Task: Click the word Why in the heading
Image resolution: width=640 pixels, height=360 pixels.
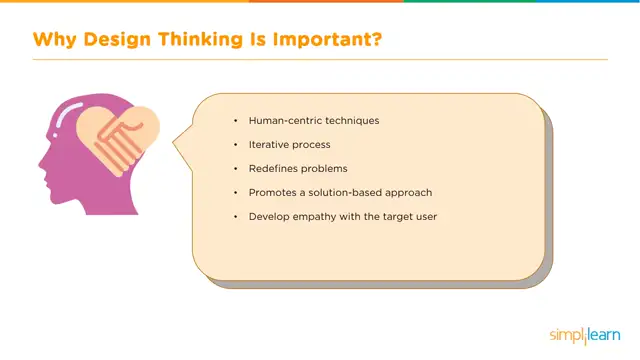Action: (54, 41)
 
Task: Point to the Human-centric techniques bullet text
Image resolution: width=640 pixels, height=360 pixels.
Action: (314, 121)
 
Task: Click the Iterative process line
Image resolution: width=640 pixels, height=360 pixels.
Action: (289, 145)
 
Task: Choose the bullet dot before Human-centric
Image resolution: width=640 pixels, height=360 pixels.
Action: (236, 121)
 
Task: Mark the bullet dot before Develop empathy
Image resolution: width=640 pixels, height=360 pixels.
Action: (236, 216)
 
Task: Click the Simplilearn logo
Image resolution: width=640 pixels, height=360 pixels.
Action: (584, 334)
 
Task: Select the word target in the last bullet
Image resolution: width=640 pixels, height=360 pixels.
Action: (398, 216)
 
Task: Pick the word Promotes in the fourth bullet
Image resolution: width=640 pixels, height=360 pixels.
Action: (271, 192)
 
